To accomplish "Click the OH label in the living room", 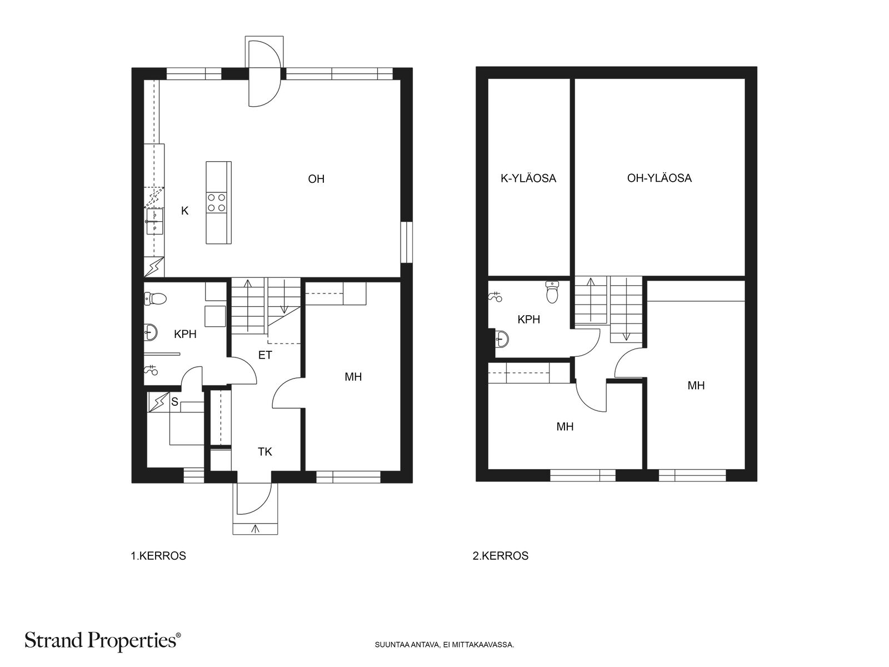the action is tap(316, 179).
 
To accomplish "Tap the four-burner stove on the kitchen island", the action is tap(216, 202).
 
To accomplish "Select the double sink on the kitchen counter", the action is tap(154, 222).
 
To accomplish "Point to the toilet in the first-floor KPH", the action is tap(155, 299).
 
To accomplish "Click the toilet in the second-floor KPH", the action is tap(552, 292).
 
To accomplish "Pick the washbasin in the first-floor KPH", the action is tap(151, 332).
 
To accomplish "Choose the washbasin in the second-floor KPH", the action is tap(502, 339).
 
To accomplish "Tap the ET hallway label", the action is tap(265, 355).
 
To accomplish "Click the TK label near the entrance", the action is tap(265, 451).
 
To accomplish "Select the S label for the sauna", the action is tap(174, 402).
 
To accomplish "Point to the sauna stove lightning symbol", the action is tap(158, 402).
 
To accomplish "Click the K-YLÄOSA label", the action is tap(528, 178).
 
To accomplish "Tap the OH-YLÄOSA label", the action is tap(660, 178).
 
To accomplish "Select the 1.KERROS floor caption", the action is tap(158, 556).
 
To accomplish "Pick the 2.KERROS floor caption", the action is tap(501, 556).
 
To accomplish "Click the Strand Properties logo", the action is tap(102, 640).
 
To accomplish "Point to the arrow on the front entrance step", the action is tap(255, 528).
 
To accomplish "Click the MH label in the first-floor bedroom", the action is tap(353, 377).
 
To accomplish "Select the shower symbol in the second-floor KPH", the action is tap(496, 297).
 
